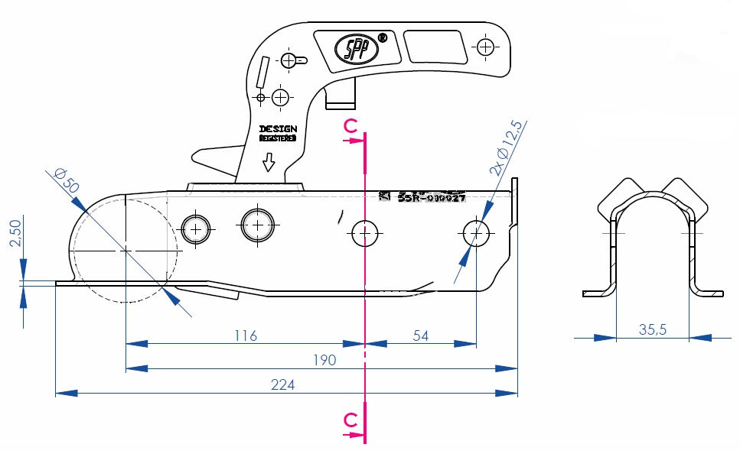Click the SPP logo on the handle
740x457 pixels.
click(355, 49)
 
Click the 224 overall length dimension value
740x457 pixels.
click(282, 384)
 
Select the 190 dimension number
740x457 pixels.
click(325, 360)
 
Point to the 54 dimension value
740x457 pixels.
click(420, 335)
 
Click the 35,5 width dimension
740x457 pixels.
click(652, 329)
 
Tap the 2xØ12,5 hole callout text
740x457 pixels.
click(506, 148)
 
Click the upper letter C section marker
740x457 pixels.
click(350, 126)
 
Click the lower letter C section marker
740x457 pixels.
click(350, 420)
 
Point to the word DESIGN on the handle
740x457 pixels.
click(277, 128)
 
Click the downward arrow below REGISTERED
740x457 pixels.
click(268, 163)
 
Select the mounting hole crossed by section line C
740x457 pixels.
click(366, 232)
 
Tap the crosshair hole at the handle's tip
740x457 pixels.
click(484, 47)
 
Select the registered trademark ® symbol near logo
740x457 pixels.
click(383, 36)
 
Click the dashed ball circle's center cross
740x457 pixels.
click(126, 250)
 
